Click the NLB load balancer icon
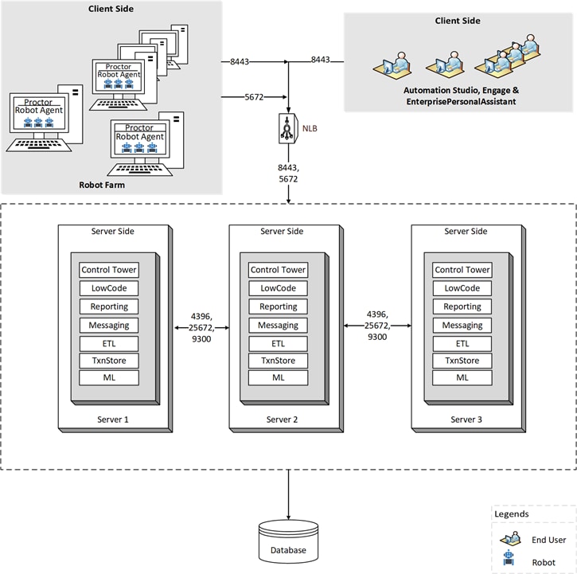(x=288, y=128)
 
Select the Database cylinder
(x=288, y=541)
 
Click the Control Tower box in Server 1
(x=109, y=270)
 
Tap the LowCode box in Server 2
(x=279, y=288)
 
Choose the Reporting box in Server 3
(x=462, y=307)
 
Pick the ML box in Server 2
(x=279, y=378)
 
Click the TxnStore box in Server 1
(x=109, y=361)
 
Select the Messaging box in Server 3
(x=462, y=326)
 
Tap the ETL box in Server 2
(x=279, y=344)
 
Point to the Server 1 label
(x=113, y=420)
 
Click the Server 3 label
(x=466, y=420)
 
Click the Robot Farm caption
(x=102, y=185)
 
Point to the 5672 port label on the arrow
(x=254, y=97)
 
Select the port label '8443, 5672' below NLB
(x=288, y=174)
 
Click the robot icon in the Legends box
(x=509, y=557)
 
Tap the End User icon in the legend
(x=510, y=538)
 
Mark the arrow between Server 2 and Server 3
(x=377, y=326)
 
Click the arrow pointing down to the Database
(x=288, y=495)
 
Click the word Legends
(x=512, y=514)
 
